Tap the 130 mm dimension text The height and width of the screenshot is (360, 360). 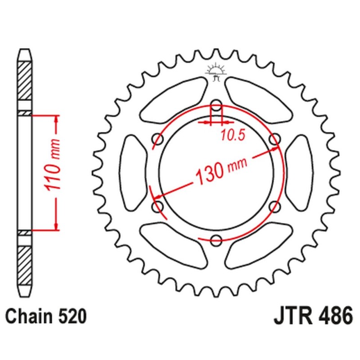(x=216, y=171)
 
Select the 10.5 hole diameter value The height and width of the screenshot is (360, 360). (x=232, y=134)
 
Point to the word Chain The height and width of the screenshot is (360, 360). (x=29, y=316)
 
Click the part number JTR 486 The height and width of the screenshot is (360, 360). (x=312, y=315)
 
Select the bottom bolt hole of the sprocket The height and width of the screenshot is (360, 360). (x=216, y=239)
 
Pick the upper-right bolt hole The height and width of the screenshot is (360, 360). (x=274, y=140)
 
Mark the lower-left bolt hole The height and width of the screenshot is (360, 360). (x=158, y=207)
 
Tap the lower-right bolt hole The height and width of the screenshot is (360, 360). (x=274, y=207)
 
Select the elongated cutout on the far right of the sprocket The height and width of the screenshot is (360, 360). (x=299, y=173)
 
